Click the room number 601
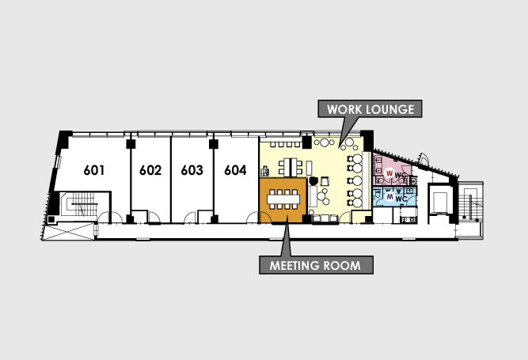click(x=94, y=170)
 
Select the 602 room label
click(x=150, y=170)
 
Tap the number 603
click(x=192, y=170)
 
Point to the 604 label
click(x=235, y=170)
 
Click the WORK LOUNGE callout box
click(x=370, y=108)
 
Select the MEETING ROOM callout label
click(x=316, y=265)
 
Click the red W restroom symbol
click(x=389, y=173)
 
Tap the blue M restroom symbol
click(x=390, y=196)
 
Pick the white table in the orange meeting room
click(x=283, y=199)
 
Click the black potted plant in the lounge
click(x=313, y=180)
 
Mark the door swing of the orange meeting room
click(x=266, y=217)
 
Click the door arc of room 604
click(x=253, y=218)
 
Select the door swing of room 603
click(x=191, y=217)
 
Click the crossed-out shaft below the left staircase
click(x=69, y=232)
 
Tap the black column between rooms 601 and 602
click(x=131, y=144)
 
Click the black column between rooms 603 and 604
click(x=214, y=144)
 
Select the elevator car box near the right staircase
click(x=439, y=202)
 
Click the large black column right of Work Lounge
click(x=367, y=140)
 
